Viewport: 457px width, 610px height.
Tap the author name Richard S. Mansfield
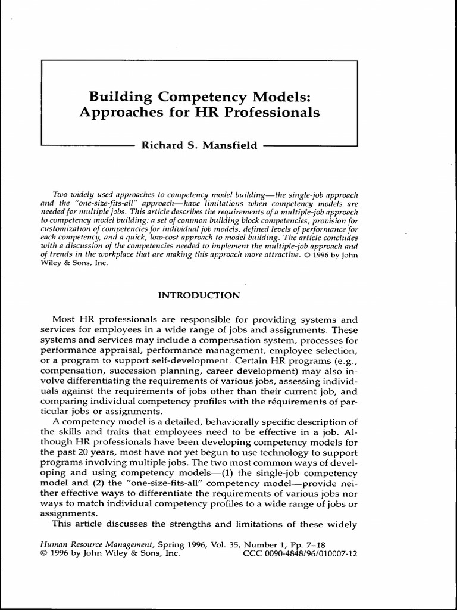(x=198, y=145)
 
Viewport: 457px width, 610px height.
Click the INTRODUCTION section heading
(x=199, y=295)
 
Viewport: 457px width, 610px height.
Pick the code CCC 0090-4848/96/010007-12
(x=301, y=553)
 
